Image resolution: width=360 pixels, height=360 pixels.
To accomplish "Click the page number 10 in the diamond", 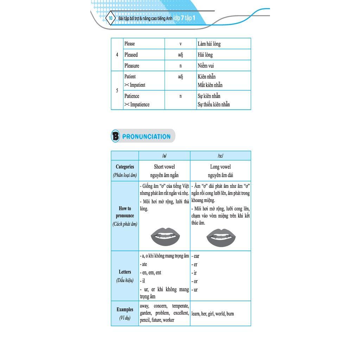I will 111,18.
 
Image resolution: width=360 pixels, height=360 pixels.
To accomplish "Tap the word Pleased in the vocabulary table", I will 131,55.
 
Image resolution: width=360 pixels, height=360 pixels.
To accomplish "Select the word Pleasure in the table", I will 132,66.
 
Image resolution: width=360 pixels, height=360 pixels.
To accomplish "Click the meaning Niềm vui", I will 206,66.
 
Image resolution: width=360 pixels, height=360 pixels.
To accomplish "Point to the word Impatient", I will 137,85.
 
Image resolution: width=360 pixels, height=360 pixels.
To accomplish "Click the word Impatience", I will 140,104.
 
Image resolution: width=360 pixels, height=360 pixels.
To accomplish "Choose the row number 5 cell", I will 117,90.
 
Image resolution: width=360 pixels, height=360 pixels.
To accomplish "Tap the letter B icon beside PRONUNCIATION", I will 115,136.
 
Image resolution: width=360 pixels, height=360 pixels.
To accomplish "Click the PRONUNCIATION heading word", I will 146,137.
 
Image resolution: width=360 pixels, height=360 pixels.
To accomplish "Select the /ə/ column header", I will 165,156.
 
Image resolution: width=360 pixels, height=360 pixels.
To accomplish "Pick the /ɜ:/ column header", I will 220,156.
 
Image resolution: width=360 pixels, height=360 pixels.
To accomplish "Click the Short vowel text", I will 165,167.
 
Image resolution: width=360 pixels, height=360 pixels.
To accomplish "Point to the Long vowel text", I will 220,167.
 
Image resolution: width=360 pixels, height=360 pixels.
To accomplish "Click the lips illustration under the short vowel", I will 165,237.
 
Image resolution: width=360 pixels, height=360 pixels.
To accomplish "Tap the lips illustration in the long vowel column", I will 221,238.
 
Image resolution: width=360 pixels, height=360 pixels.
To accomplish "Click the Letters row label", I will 125,272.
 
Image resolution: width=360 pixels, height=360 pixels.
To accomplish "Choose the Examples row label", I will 125,310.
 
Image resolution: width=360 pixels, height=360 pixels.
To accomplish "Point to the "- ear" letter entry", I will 195,256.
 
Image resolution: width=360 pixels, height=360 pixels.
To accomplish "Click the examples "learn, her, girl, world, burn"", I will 213,314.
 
